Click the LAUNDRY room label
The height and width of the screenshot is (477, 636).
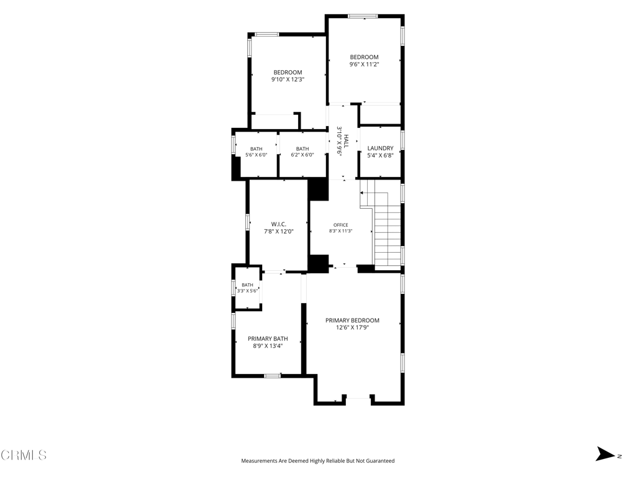coord(380,148)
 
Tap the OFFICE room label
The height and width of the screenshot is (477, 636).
coord(341,225)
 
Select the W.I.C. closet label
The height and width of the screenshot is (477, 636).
coord(279,224)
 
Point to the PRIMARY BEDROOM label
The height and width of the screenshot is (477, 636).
coord(352,320)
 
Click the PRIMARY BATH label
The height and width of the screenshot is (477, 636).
coord(268,338)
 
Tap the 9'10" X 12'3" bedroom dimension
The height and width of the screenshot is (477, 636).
coord(288,79)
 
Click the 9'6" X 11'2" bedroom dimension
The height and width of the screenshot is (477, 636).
coord(364,64)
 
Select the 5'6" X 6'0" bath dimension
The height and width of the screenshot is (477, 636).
coord(257,155)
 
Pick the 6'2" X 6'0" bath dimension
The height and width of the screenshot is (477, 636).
coord(302,155)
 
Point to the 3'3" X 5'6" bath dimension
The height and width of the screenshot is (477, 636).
coord(247,291)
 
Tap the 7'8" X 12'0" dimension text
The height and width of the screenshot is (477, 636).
coord(279,232)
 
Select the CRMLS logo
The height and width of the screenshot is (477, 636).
coord(24,455)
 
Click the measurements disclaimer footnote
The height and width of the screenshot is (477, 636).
coord(317,461)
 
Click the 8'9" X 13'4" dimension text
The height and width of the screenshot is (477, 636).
coord(268,346)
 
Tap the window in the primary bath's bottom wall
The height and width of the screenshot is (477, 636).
coord(272,376)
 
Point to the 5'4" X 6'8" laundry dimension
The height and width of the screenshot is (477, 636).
coord(380,155)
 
